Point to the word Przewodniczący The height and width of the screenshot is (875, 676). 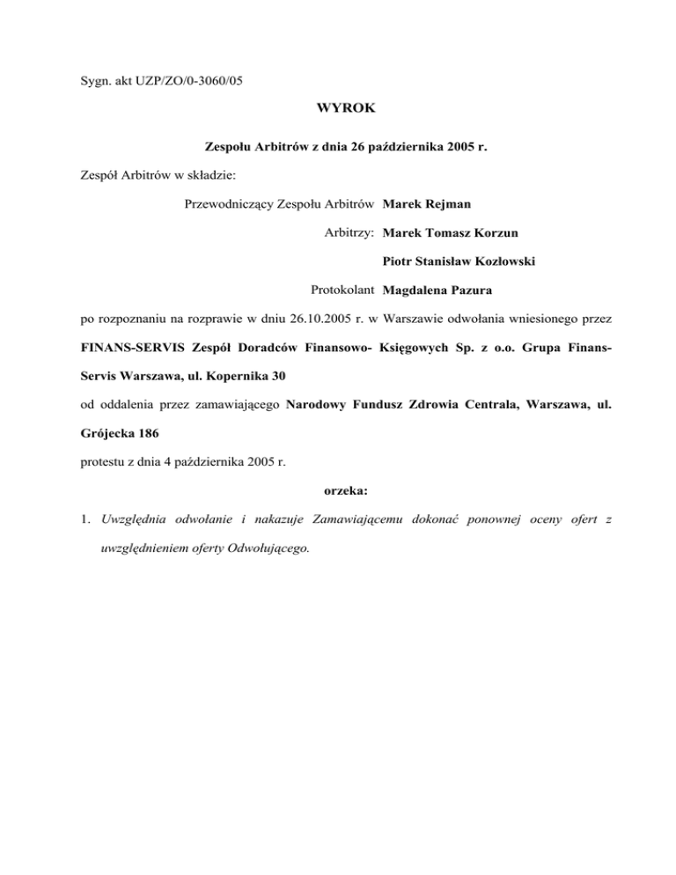click(225, 204)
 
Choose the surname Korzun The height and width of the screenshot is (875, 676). click(513, 232)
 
